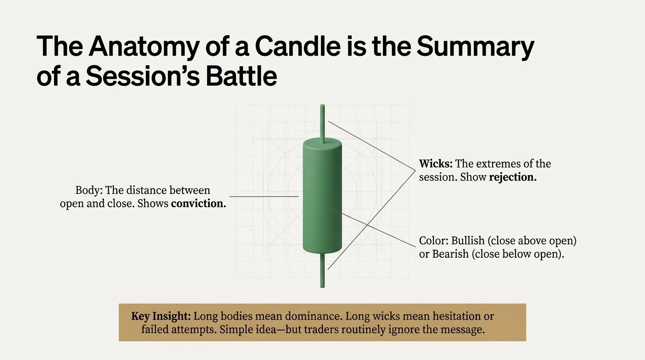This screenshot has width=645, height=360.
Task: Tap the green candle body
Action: (x=322, y=197)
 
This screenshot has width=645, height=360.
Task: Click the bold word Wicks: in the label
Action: (x=435, y=164)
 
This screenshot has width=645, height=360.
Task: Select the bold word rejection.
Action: (x=512, y=178)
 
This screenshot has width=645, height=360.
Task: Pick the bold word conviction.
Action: (x=198, y=204)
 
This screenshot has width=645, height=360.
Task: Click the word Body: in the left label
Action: (x=89, y=190)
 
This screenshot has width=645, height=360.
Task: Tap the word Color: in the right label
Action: (x=434, y=241)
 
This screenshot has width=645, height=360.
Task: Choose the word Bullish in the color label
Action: (x=467, y=241)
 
